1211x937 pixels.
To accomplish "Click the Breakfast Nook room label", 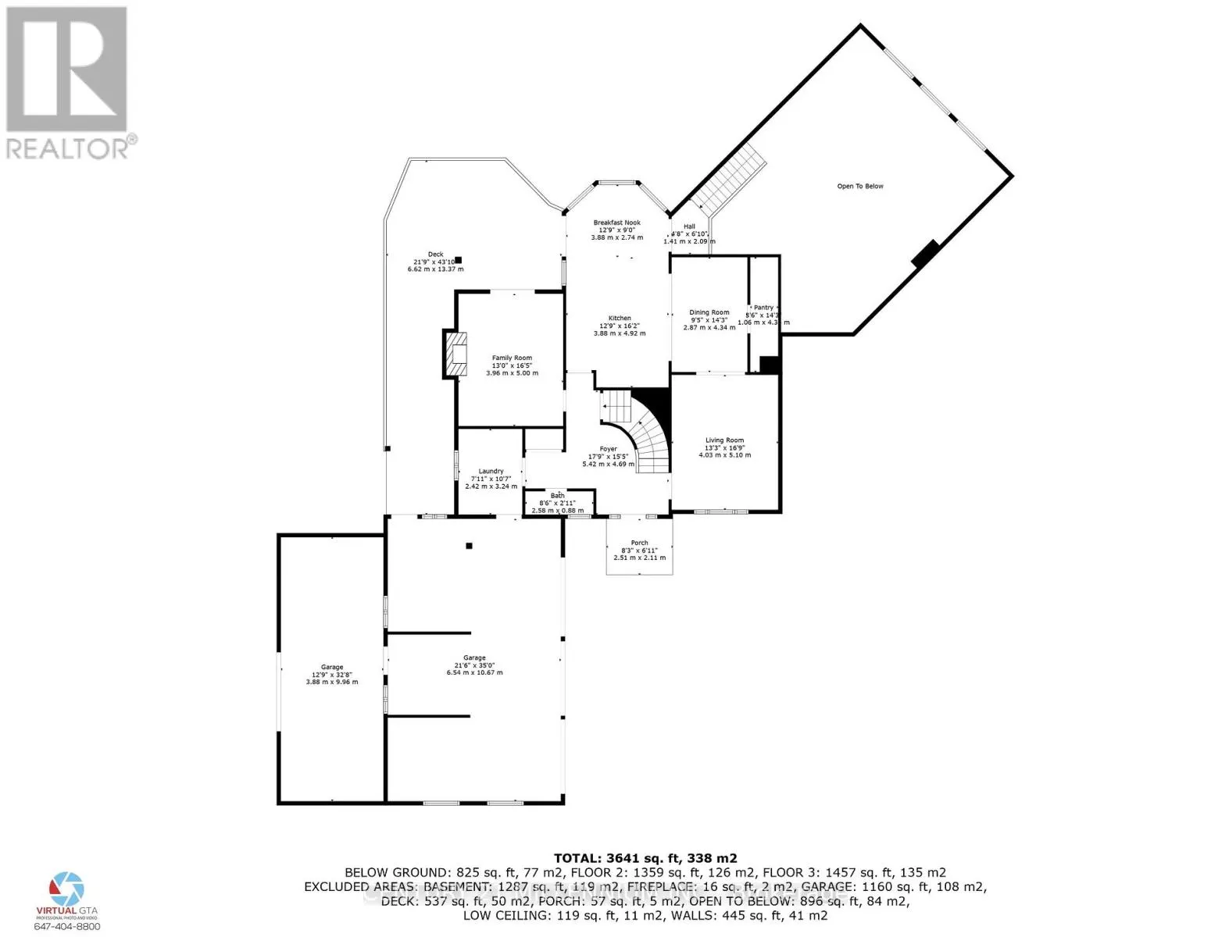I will click(616, 223).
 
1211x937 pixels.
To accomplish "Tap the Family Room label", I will click(512, 358).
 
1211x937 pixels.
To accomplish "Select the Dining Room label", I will click(709, 312).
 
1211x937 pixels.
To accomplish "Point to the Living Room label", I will click(724, 440).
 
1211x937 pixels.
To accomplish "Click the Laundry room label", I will click(491, 471).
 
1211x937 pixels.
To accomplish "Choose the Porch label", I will click(639, 543).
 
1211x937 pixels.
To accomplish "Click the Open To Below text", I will click(860, 186).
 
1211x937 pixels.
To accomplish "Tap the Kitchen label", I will click(620, 318).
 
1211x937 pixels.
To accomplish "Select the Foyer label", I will click(608, 449).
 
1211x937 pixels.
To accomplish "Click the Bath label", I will click(557, 496).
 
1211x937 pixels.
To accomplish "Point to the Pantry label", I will click(763, 308).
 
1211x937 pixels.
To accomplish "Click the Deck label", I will click(435, 254).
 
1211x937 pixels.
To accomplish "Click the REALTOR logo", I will click(68, 82).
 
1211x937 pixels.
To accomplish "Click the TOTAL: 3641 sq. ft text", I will click(645, 857).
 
